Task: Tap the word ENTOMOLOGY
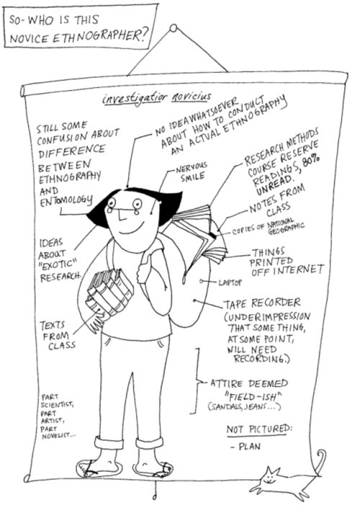[x=66, y=200]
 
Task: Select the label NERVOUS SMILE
[x=192, y=172]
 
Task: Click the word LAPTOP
[x=230, y=282]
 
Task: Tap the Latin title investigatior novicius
[x=157, y=97]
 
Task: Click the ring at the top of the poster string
[x=174, y=28]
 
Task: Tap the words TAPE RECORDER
[x=262, y=303]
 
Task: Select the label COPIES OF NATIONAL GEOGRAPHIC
[x=268, y=228]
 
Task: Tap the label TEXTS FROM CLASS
[x=58, y=335]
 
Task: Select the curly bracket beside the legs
[x=197, y=381]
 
